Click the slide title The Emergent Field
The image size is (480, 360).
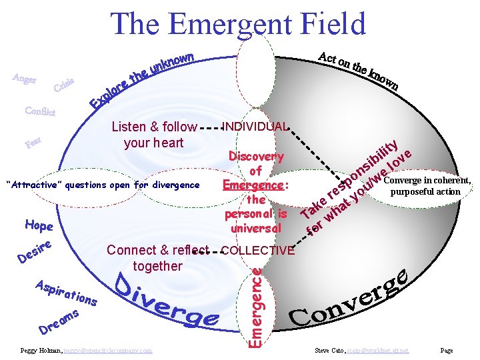coord(239,24)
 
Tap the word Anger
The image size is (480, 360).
coord(24,79)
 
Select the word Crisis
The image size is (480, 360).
coord(64,85)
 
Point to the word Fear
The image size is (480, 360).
coord(34,143)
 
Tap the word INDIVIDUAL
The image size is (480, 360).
coord(255,127)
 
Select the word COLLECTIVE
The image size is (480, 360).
coord(257,251)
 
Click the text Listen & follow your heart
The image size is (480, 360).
coord(154,134)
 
